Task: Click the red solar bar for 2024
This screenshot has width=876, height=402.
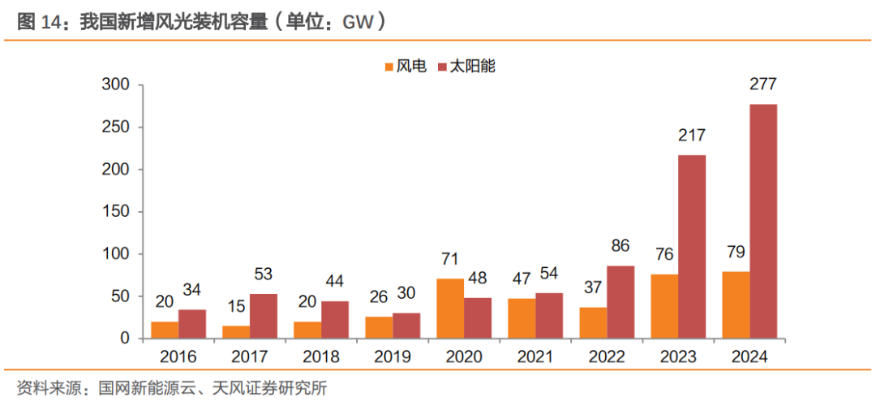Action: point(763,221)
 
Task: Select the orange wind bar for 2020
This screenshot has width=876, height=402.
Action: point(450,309)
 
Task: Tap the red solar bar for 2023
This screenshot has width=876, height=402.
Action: point(692,247)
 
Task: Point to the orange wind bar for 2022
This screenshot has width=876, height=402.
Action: point(593,322)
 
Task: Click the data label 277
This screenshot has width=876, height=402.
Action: point(763,85)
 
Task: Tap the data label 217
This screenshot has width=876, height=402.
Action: point(692,136)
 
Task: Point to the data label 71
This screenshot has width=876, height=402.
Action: point(450,259)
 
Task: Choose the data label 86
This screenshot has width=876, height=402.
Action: point(620,246)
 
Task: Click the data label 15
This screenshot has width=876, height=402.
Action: point(236,306)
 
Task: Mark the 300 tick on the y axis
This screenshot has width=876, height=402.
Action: point(117,84)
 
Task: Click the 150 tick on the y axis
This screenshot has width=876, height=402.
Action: point(117,211)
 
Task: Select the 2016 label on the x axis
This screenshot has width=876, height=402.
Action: point(178,357)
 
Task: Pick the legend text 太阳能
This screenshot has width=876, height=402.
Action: point(473,66)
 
